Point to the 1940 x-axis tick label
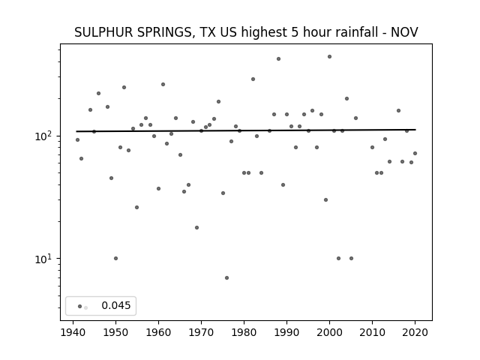point(73,332)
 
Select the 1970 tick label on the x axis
point(202,332)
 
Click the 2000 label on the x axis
point(330,332)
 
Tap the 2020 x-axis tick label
point(415,332)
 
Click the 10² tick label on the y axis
point(45,136)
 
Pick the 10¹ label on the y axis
point(45,259)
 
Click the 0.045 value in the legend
point(116,305)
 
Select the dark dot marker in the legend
point(80,306)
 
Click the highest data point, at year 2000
point(330,57)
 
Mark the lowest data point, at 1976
point(226,278)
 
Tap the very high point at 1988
point(278,58)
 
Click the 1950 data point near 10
point(115,258)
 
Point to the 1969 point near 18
point(196,227)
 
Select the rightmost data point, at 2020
point(415,153)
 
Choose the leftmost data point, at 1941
point(77,140)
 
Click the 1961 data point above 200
point(163,85)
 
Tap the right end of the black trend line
point(415,130)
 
